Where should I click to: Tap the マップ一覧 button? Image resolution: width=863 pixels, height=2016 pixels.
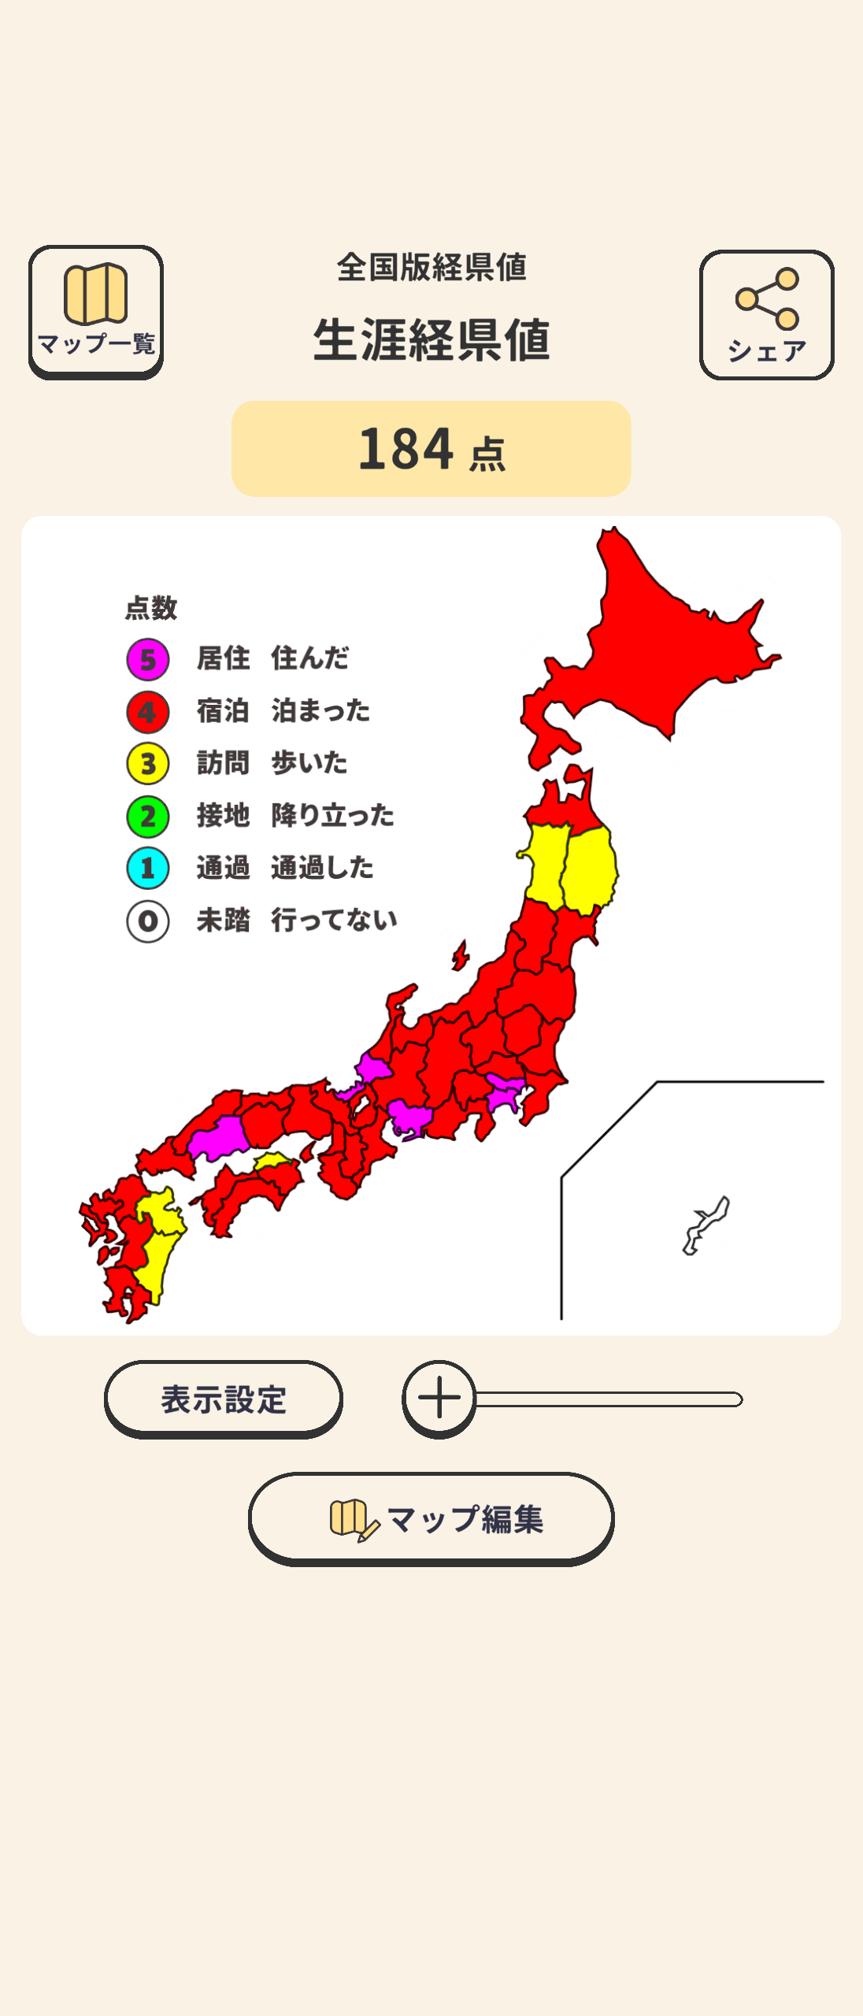(x=96, y=312)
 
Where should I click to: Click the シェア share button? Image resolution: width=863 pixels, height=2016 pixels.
(x=766, y=315)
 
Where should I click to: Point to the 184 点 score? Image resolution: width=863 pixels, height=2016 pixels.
(x=431, y=449)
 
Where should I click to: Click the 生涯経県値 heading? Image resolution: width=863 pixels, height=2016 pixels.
(x=431, y=340)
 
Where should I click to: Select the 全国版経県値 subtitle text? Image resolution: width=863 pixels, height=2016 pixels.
(x=431, y=268)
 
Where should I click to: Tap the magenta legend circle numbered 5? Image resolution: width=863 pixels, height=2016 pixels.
(x=148, y=659)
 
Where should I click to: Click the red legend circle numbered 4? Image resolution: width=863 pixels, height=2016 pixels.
(x=148, y=712)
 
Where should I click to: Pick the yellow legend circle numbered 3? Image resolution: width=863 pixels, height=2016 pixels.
(x=148, y=764)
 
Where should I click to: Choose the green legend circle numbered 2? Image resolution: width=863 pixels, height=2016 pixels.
(x=148, y=817)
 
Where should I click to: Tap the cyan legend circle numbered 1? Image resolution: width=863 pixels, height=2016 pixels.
(x=148, y=869)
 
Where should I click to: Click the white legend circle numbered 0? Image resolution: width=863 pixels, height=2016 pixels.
(x=148, y=921)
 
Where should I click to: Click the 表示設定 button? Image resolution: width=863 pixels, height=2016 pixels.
(x=224, y=1399)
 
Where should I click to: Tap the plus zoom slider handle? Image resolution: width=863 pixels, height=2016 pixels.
(x=439, y=1399)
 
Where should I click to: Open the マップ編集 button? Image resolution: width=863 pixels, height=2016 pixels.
(x=431, y=1518)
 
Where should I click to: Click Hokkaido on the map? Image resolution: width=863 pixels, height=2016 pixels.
(x=661, y=646)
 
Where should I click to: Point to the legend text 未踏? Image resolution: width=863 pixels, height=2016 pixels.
(x=223, y=920)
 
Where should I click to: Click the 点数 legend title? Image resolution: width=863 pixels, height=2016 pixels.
(x=151, y=608)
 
